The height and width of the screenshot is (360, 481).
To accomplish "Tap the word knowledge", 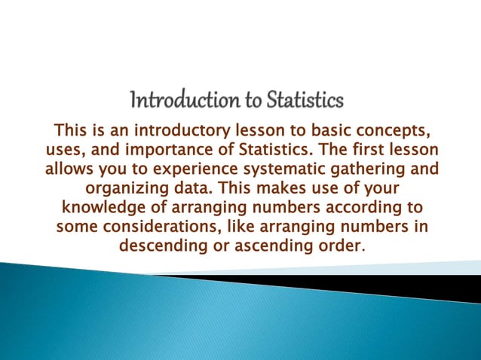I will point(100,206).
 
